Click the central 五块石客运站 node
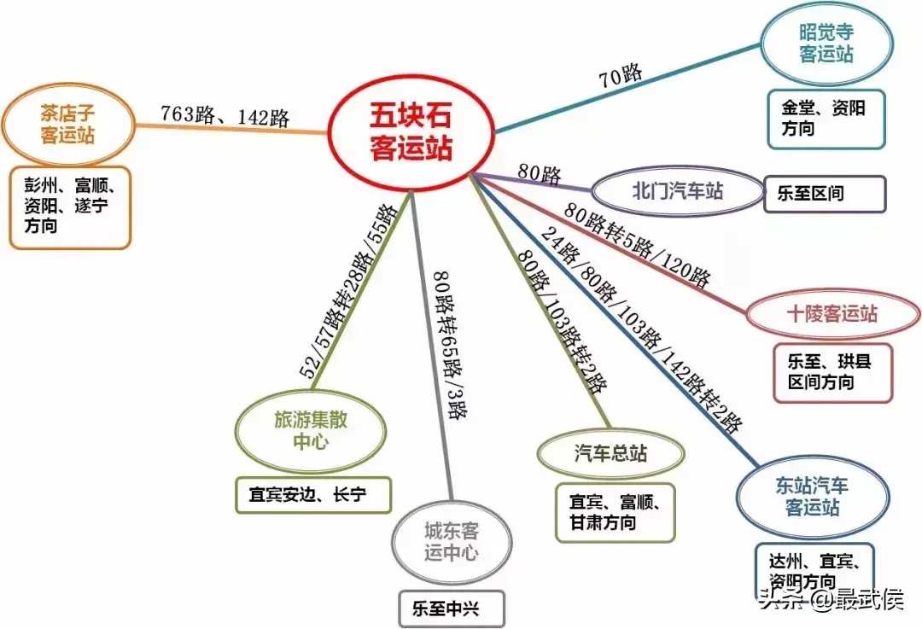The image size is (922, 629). [x=411, y=131]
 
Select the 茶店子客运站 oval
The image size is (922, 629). [x=67, y=124]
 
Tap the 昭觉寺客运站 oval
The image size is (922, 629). [x=826, y=44]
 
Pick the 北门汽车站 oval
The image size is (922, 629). [x=677, y=190]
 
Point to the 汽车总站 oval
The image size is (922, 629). [x=610, y=454]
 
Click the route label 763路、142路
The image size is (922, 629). [x=225, y=116]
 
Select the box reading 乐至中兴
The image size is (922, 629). [x=452, y=609]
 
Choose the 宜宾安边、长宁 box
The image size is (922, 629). [x=312, y=495]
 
